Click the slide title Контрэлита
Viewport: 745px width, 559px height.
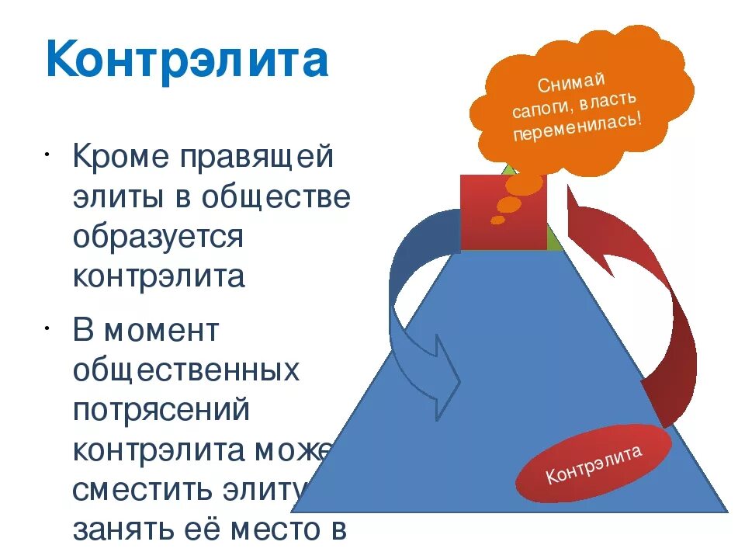point(187,61)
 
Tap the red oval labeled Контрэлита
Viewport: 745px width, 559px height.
point(594,464)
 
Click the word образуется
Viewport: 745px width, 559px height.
point(158,237)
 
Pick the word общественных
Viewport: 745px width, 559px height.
point(185,371)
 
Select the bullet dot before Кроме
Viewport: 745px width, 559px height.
point(47,149)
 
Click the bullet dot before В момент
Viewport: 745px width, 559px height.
point(47,324)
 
